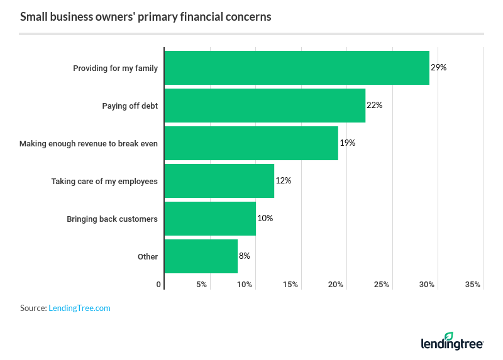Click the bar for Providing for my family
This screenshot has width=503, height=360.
[x=296, y=68]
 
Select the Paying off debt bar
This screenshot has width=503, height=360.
[x=264, y=106]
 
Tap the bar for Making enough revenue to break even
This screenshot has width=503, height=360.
[x=251, y=143]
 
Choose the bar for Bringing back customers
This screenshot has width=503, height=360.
[x=210, y=219]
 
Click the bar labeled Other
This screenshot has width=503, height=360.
[x=201, y=256]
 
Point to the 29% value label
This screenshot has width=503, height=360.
[x=438, y=67]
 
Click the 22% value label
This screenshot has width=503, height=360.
[x=374, y=105]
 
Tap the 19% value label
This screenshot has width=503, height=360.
[x=347, y=143]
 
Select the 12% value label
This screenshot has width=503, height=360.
[x=283, y=180]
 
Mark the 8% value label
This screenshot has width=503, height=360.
[x=245, y=256]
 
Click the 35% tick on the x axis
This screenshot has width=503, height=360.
[x=473, y=285]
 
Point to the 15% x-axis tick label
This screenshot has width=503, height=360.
[x=290, y=285]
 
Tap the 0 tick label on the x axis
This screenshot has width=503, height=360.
[x=158, y=285]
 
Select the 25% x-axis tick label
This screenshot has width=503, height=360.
[x=382, y=285]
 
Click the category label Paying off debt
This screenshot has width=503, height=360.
[x=130, y=106]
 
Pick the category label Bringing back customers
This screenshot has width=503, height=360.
[x=112, y=219]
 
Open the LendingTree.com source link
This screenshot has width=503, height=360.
[x=79, y=308]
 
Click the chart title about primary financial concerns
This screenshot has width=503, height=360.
[x=145, y=17]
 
